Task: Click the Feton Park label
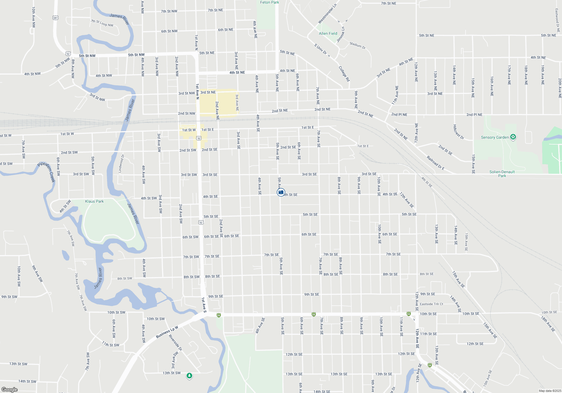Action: coord(269,3)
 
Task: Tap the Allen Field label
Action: coord(328,33)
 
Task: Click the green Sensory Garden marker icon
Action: coord(513,137)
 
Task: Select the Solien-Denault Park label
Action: coord(502,174)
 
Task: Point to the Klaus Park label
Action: coord(94,201)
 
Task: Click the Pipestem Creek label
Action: coord(46,172)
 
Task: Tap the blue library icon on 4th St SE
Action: coord(281,192)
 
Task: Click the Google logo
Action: coord(10,389)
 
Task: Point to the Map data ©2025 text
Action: coord(550,391)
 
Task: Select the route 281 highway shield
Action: coord(55,18)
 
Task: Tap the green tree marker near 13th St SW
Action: coord(189,376)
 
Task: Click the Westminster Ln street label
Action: coord(327,14)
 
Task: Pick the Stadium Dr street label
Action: coord(357,45)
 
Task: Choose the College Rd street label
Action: coord(344,74)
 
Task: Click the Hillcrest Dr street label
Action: coord(458,132)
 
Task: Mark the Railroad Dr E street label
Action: coord(435,163)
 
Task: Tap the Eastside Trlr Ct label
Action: coord(431,304)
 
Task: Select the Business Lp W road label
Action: coord(167,332)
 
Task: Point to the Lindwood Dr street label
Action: coord(121,163)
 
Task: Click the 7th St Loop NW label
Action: coord(102,23)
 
